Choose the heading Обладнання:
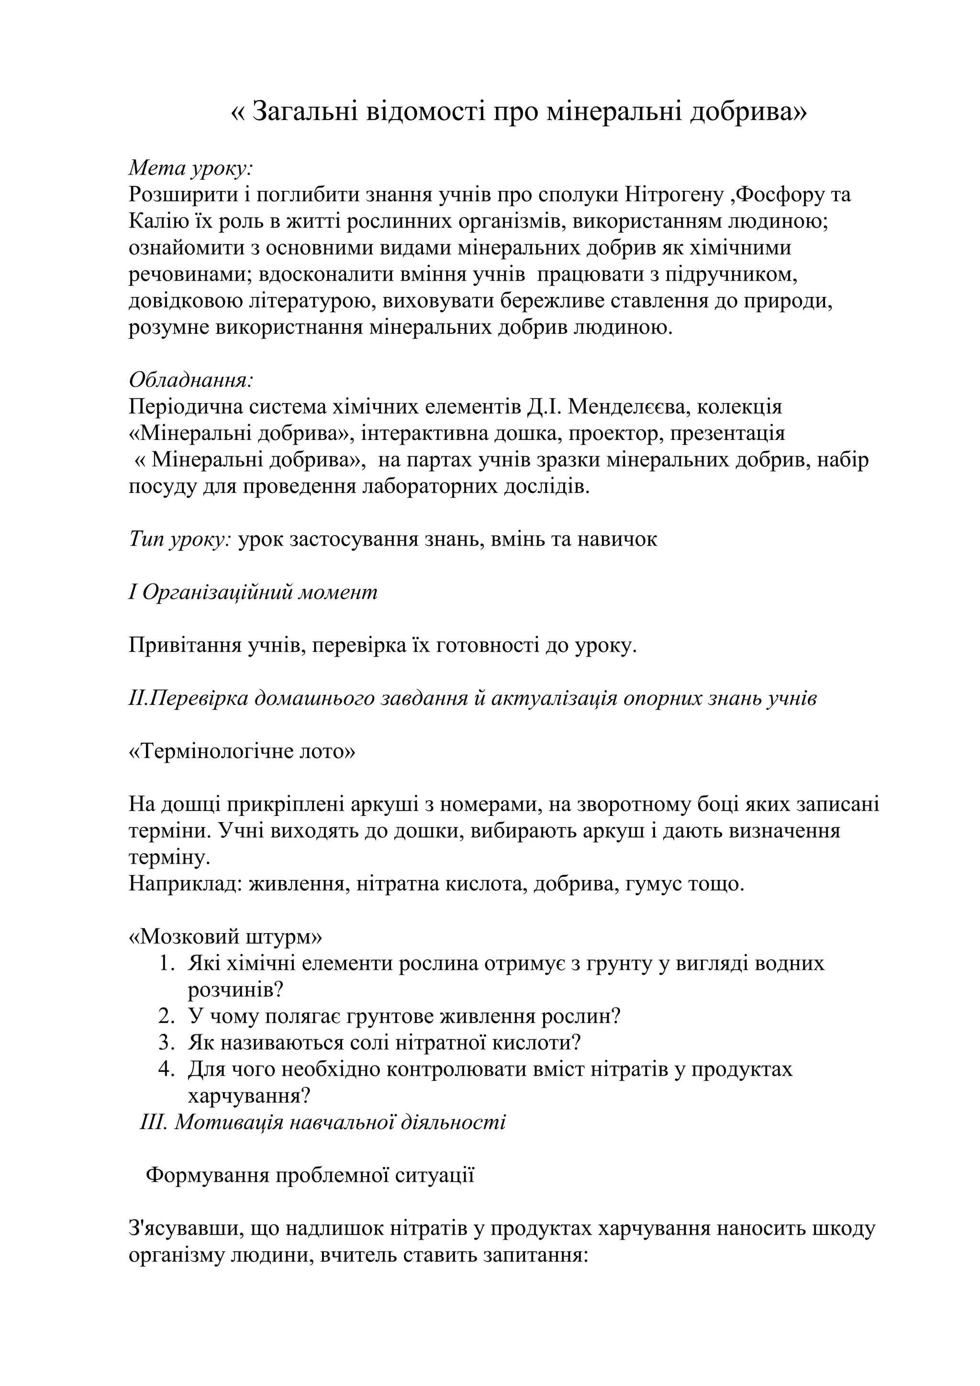tap(191, 380)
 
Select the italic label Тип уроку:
tap(180, 539)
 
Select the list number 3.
tap(166, 1043)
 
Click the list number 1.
tap(166, 963)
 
